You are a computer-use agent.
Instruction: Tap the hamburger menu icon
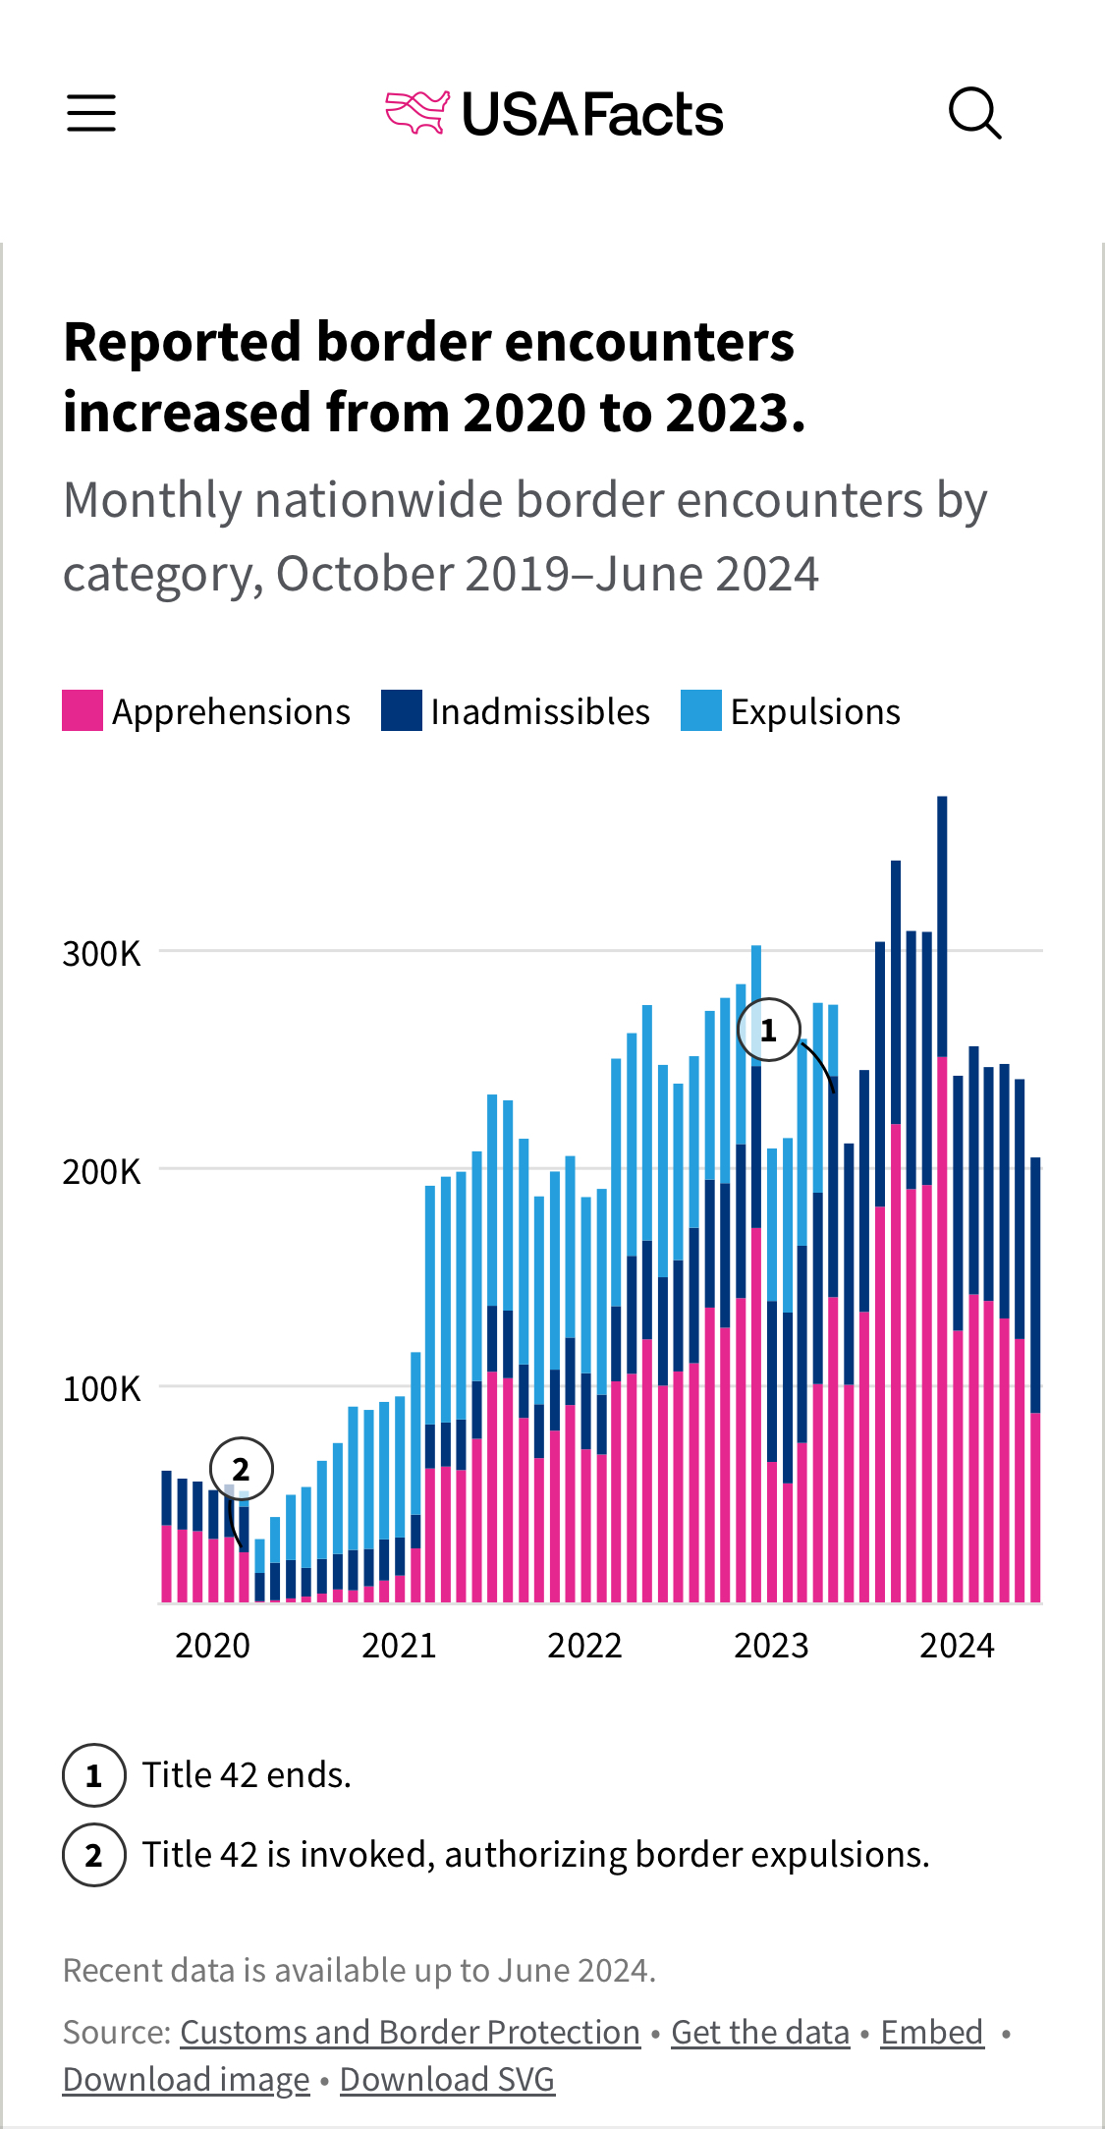(91, 113)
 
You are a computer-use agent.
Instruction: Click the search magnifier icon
(974, 113)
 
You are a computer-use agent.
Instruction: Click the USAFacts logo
(555, 114)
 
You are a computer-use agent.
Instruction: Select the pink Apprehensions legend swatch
(83, 710)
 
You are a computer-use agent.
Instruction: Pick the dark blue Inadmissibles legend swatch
(402, 710)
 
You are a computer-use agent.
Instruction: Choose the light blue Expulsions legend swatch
(701, 710)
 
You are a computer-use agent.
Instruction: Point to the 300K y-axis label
(102, 953)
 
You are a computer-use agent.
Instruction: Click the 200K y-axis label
(102, 1171)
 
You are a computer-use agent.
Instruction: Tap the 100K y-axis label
(102, 1388)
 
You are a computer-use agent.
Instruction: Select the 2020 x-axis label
(212, 1645)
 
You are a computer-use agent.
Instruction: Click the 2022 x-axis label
(584, 1645)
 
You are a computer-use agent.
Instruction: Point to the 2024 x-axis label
(957, 1645)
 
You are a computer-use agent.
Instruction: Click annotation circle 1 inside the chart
(769, 1030)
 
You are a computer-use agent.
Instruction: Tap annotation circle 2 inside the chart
(242, 1469)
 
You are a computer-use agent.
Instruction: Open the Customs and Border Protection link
(410, 2032)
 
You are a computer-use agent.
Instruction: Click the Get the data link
(760, 2032)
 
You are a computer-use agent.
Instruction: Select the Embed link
(931, 2032)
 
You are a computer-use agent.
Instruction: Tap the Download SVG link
(447, 2079)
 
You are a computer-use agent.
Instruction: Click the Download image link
(187, 2079)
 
